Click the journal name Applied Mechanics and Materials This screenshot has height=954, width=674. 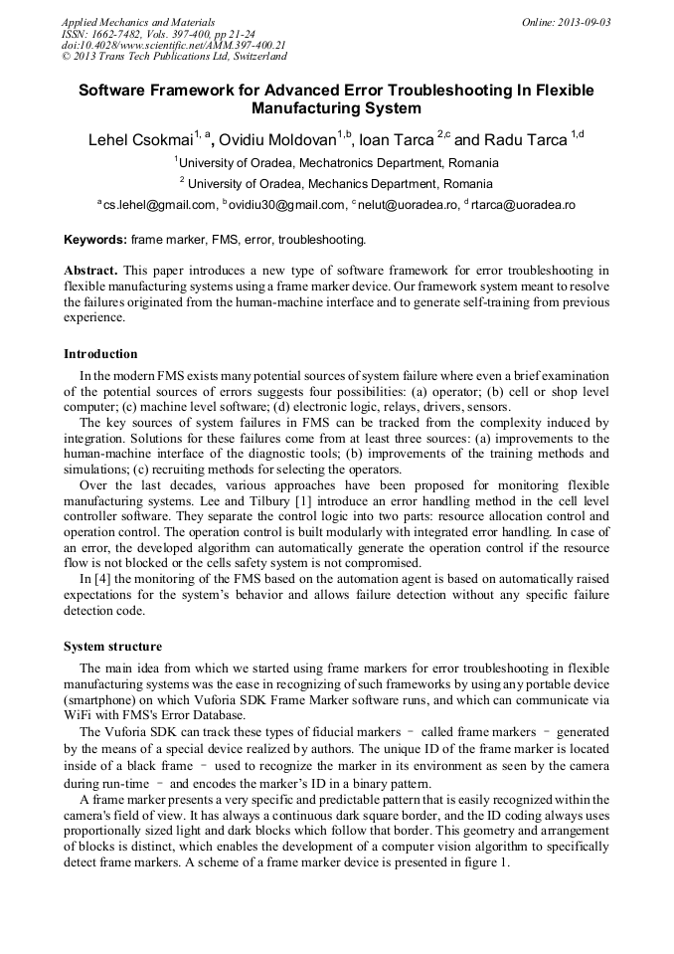[x=123, y=22]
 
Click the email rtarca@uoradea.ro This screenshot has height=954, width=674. [x=523, y=205]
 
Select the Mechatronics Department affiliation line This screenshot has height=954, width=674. [x=336, y=162]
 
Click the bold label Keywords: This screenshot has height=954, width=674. [x=95, y=240]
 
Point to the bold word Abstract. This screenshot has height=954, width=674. [x=90, y=271]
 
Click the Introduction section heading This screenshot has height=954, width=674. [x=100, y=354]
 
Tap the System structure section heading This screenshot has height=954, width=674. [x=112, y=647]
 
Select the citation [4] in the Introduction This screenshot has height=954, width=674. [x=103, y=578]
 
